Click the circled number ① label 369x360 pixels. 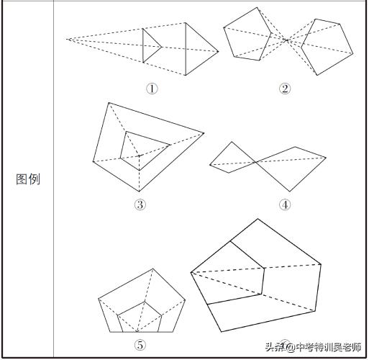[151, 89]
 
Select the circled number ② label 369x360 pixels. [285, 89]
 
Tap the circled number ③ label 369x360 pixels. [140, 204]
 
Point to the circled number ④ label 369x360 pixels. [285, 204]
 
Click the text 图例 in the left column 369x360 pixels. [27, 179]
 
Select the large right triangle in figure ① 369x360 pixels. [197, 49]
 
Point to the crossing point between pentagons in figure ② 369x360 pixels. [286, 40]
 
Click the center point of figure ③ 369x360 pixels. [139, 154]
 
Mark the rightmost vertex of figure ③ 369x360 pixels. [204, 133]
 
